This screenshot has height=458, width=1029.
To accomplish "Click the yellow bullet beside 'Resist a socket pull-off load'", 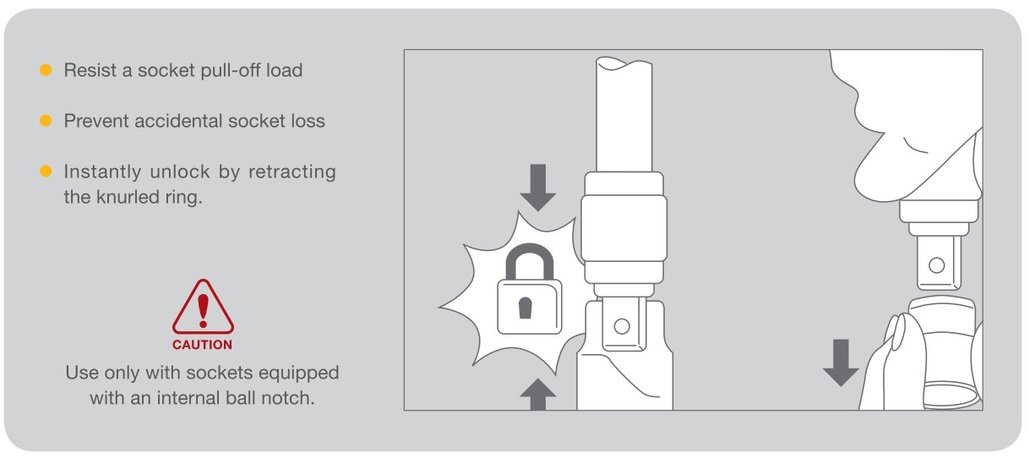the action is pyautogui.click(x=46, y=70).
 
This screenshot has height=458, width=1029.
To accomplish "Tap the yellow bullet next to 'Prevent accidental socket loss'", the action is pyautogui.click(x=46, y=120).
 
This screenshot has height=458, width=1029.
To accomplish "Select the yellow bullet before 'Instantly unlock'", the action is pyautogui.click(x=46, y=172).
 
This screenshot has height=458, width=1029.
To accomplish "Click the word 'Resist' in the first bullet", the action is pyautogui.click(x=90, y=70).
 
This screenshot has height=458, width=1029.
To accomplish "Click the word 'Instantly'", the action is pyautogui.click(x=102, y=172).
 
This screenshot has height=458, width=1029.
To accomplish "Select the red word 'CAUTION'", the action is pyautogui.click(x=202, y=345).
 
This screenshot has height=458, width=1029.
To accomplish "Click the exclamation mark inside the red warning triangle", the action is pyautogui.click(x=203, y=311).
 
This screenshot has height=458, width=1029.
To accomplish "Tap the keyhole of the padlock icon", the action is pyautogui.click(x=525, y=308).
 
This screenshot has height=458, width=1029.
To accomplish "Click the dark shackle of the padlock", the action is pyautogui.click(x=529, y=250).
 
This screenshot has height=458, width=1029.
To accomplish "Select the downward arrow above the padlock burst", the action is pyautogui.click(x=538, y=188).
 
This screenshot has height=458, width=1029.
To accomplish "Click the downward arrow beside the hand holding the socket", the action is pyautogui.click(x=841, y=363).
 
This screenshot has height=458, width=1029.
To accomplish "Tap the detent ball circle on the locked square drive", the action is pyautogui.click(x=622, y=327).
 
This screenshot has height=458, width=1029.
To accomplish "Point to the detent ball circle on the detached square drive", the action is pyautogui.click(x=937, y=265).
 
